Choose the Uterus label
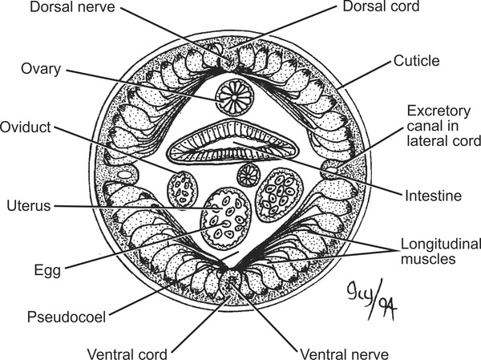click(x=28, y=205)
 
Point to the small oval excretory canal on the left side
click(x=126, y=172)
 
